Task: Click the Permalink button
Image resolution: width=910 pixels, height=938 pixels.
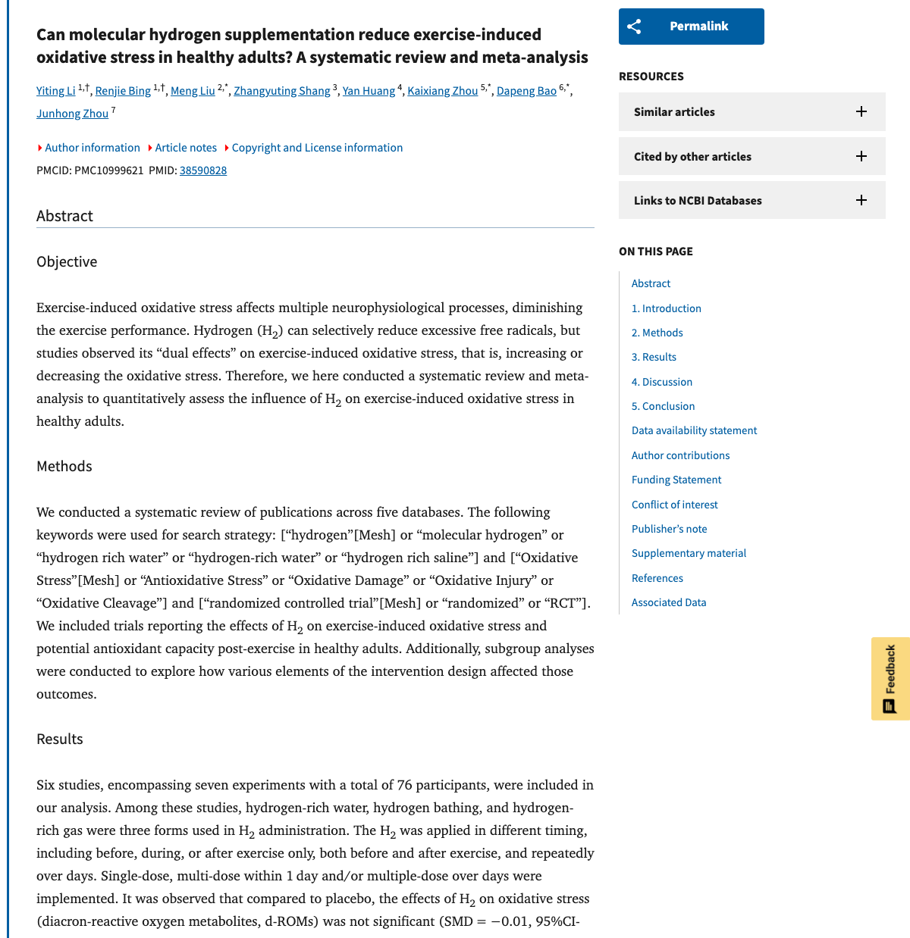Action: (x=691, y=27)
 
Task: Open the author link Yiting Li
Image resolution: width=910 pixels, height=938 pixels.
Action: (x=55, y=91)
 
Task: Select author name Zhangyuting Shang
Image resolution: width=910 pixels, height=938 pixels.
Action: (x=281, y=91)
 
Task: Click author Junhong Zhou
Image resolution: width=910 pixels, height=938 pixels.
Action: (x=72, y=114)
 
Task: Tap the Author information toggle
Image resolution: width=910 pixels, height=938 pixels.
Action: (x=92, y=148)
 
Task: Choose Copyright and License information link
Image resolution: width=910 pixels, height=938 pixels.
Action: (x=317, y=148)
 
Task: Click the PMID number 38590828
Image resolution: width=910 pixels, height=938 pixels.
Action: (x=203, y=170)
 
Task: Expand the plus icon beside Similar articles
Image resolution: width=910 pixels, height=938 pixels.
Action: (x=861, y=112)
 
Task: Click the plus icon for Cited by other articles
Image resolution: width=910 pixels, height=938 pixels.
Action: (x=861, y=157)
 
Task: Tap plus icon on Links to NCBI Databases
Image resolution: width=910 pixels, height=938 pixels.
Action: (x=861, y=201)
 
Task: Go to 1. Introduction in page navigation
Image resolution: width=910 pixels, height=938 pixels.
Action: (x=666, y=308)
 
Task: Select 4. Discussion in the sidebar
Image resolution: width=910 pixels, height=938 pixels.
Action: (x=661, y=382)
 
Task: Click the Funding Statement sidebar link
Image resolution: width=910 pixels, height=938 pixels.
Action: (x=676, y=480)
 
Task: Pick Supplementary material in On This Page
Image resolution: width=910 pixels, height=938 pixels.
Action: (x=689, y=553)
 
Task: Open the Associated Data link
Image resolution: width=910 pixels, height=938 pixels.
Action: (x=668, y=602)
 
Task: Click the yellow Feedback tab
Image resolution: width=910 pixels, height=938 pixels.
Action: (x=890, y=679)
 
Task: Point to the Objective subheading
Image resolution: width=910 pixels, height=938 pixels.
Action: (x=67, y=262)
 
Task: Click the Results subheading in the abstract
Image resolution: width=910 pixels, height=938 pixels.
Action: (x=60, y=739)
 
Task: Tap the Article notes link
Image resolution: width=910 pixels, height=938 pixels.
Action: (x=186, y=148)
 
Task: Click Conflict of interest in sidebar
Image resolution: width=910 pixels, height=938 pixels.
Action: (x=674, y=505)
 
